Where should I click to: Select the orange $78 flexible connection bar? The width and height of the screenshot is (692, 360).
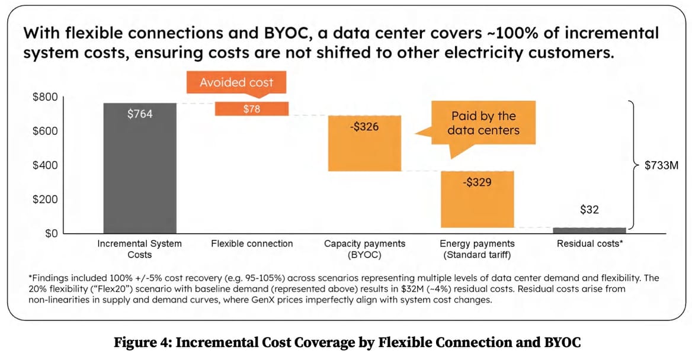pos(251,109)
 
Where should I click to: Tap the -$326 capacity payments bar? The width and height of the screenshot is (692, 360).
pos(364,143)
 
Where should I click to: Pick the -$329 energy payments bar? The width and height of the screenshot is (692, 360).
pos(476,199)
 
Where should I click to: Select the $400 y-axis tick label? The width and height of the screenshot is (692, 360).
pos(44,165)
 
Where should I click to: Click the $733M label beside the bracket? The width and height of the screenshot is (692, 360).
pos(661,166)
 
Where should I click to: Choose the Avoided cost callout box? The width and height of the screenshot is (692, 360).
pos(236,83)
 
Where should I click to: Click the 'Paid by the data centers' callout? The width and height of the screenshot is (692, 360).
pos(483,123)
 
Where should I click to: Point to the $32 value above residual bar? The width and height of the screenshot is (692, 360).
pos(589,210)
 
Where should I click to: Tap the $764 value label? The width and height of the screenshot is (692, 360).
pos(140,114)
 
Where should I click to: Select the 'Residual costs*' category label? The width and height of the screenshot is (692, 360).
pos(589,243)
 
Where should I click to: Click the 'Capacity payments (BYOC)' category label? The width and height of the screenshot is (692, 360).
pos(364,249)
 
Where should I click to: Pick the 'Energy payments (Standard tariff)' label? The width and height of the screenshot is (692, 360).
pos(477,249)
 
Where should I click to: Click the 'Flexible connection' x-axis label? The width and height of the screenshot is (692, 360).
pos(252,243)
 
